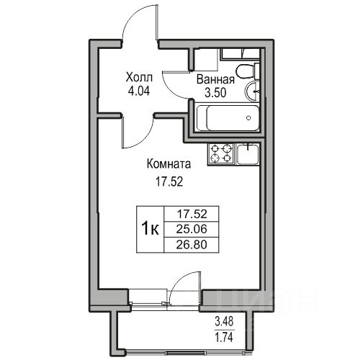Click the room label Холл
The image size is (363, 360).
(x=139, y=78)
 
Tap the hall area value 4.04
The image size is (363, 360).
(x=139, y=91)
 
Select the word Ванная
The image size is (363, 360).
(x=215, y=79)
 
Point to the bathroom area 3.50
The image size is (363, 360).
(x=215, y=93)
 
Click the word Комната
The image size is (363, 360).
(x=169, y=164)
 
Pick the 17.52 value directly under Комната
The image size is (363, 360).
(x=169, y=181)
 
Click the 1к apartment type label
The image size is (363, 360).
(x=150, y=229)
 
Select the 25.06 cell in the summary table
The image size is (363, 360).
(x=192, y=229)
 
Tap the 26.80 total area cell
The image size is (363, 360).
(x=192, y=245)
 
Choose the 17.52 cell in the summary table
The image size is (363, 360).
(x=192, y=214)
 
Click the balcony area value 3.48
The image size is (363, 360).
(x=224, y=322)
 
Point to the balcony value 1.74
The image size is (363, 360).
(x=224, y=338)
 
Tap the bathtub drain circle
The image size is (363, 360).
(x=248, y=118)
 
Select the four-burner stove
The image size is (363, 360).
(x=220, y=153)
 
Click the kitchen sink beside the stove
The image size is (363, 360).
(x=248, y=154)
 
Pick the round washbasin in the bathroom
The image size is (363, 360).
(x=252, y=91)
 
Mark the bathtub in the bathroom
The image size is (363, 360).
(x=228, y=118)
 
